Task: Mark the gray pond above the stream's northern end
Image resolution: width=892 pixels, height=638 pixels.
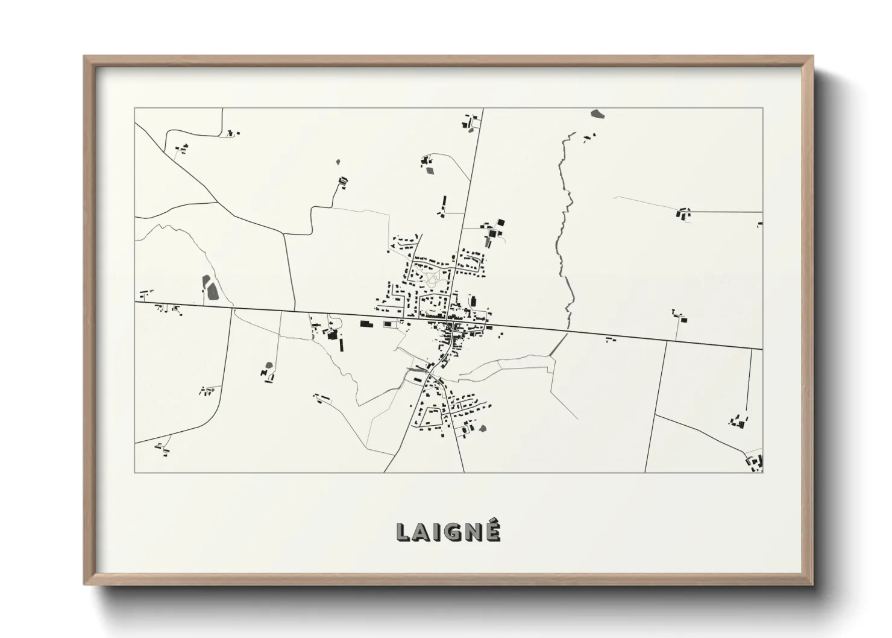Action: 597,113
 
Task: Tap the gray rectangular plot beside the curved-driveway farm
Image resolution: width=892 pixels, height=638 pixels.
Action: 430,169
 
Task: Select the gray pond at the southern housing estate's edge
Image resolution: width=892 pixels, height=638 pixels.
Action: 482,428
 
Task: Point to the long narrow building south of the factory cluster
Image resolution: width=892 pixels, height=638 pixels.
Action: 341,345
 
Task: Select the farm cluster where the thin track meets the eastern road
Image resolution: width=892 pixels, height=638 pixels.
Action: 683,213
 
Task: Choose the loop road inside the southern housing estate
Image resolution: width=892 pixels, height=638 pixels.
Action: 432,416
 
